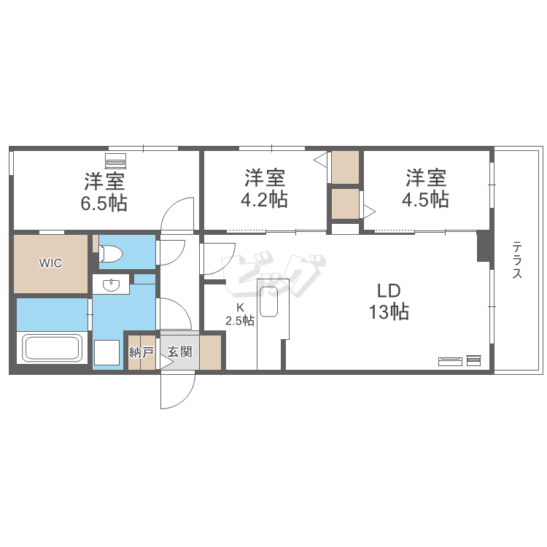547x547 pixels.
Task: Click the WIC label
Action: click(50, 263)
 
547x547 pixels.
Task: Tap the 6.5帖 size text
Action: click(104, 203)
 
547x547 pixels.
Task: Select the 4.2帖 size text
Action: click(264, 200)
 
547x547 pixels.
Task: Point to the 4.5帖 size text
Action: click(425, 200)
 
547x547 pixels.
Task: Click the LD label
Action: click(389, 290)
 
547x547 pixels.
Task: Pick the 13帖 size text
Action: click(389, 311)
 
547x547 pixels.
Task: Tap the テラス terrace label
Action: click(517, 260)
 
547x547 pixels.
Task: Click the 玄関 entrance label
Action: click(179, 352)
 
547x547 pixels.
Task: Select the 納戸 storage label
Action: click(141, 352)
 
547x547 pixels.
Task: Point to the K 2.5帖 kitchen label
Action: click(240, 314)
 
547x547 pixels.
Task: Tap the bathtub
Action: click(52, 347)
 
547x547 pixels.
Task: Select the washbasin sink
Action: click(112, 285)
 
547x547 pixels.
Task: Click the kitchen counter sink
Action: click(268, 302)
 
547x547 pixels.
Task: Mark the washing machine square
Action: click(106, 352)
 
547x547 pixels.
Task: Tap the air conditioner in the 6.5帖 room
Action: click(115, 160)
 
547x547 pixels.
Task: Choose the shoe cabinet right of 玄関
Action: click(210, 352)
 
